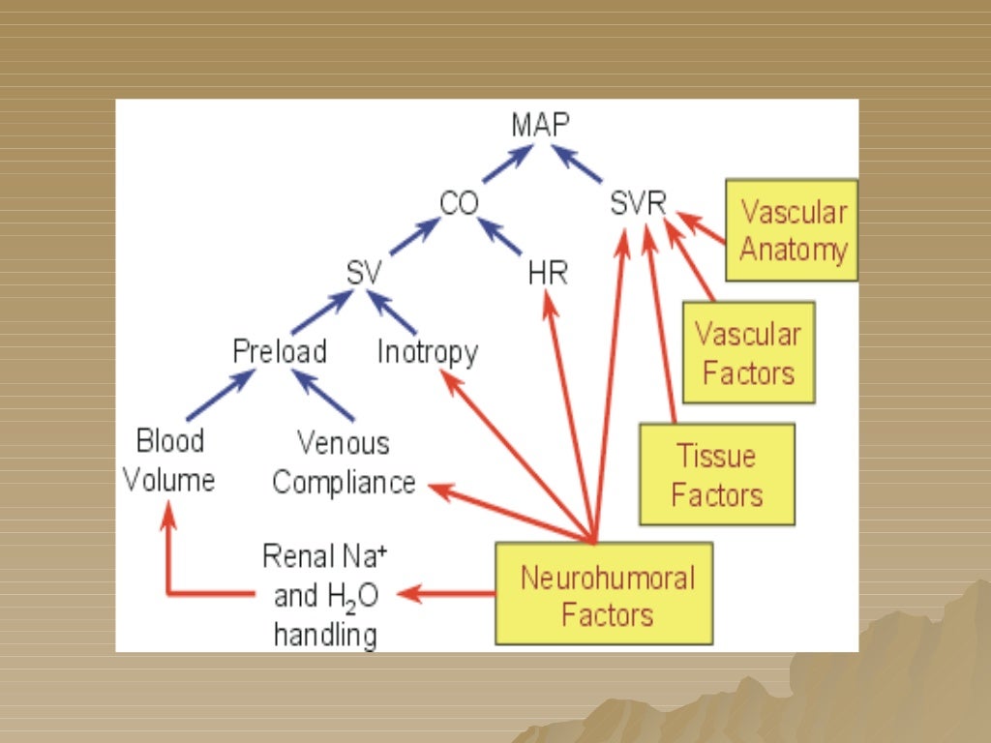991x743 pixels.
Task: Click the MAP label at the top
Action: click(x=541, y=125)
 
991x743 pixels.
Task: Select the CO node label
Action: click(x=459, y=204)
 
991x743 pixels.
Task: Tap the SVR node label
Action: click(x=639, y=204)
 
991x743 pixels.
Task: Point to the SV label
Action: click(x=364, y=274)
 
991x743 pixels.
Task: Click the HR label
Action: click(x=547, y=274)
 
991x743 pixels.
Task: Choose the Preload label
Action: click(x=280, y=351)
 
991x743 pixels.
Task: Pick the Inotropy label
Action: click(x=427, y=352)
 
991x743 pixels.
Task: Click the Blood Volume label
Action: click(x=170, y=461)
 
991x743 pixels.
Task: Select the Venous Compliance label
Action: click(x=344, y=463)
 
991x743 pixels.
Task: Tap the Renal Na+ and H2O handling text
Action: click(x=325, y=596)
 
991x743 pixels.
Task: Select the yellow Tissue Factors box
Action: click(x=717, y=474)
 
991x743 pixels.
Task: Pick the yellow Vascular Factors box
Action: click(x=748, y=352)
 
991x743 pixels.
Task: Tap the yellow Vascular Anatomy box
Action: click(x=792, y=230)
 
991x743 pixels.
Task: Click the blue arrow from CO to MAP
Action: click(x=507, y=164)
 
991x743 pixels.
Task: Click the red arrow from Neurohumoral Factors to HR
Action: click(x=568, y=416)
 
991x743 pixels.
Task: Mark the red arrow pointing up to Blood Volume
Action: click(x=168, y=561)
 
